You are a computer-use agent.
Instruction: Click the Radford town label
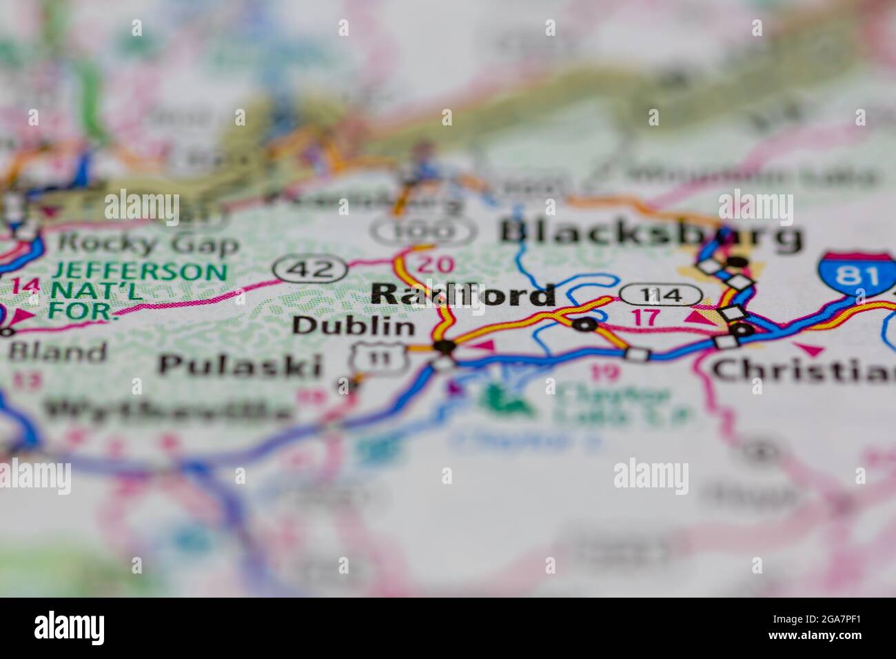(462, 294)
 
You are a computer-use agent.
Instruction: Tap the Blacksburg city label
(651, 235)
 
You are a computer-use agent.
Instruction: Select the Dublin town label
(354, 325)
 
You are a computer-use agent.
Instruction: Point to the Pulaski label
(241, 365)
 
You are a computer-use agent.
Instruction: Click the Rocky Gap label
(148, 243)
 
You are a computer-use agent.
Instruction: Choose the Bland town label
(57, 352)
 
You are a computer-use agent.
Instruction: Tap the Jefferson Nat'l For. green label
(137, 290)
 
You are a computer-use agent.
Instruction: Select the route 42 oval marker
(309, 269)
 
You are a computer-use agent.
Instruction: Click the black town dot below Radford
(444, 346)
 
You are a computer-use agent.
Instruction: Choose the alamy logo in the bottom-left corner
(70, 628)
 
